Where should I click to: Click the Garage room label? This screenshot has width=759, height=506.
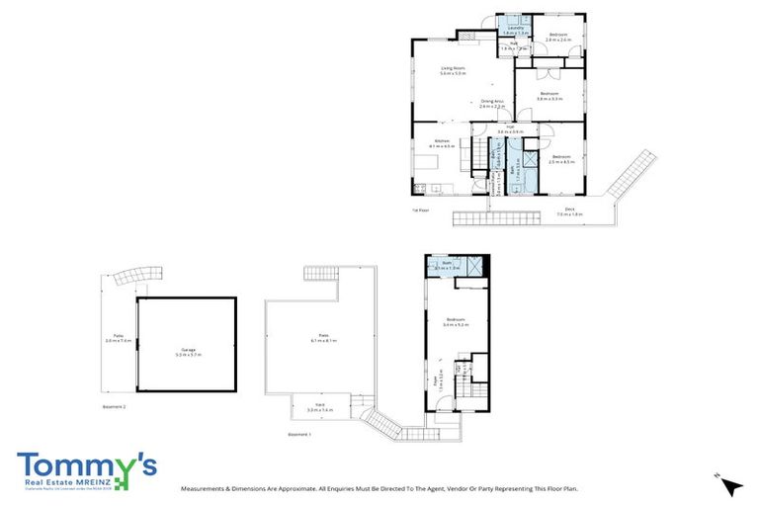188,351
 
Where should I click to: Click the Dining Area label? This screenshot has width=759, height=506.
493,103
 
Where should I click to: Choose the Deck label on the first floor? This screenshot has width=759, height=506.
570,211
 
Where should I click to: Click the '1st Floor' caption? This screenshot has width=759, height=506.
421,211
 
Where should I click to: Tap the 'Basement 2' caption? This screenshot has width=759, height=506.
115,406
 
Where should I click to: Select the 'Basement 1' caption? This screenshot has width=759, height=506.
298,434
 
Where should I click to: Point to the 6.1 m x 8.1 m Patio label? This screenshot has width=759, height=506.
322,337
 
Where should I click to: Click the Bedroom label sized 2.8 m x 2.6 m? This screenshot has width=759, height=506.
558,37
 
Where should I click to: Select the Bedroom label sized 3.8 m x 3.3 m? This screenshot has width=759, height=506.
549,96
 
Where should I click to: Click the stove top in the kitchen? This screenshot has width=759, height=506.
420,188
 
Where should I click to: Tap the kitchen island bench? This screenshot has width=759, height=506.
442,161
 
